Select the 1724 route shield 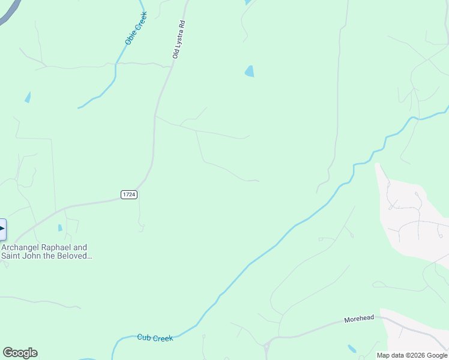(x=129, y=194)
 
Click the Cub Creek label (x=155, y=338)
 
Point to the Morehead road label (x=359, y=318)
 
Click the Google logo (x=20, y=353)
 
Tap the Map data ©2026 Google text (x=412, y=355)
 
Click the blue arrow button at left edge (x=2, y=230)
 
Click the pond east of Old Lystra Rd (x=249, y=71)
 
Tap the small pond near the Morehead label (x=352, y=349)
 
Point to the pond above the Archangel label (x=60, y=227)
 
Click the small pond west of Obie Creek (x=28, y=97)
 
